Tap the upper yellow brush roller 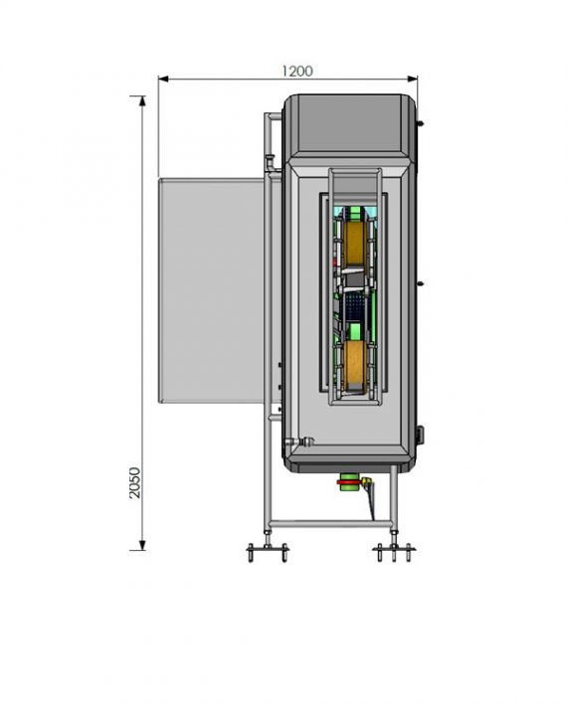coord(353,241)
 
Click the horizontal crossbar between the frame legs coord(328,524)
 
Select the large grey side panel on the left coord(211,288)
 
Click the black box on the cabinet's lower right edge coord(421,434)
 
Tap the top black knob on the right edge coord(422,123)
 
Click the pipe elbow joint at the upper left coord(270,118)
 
